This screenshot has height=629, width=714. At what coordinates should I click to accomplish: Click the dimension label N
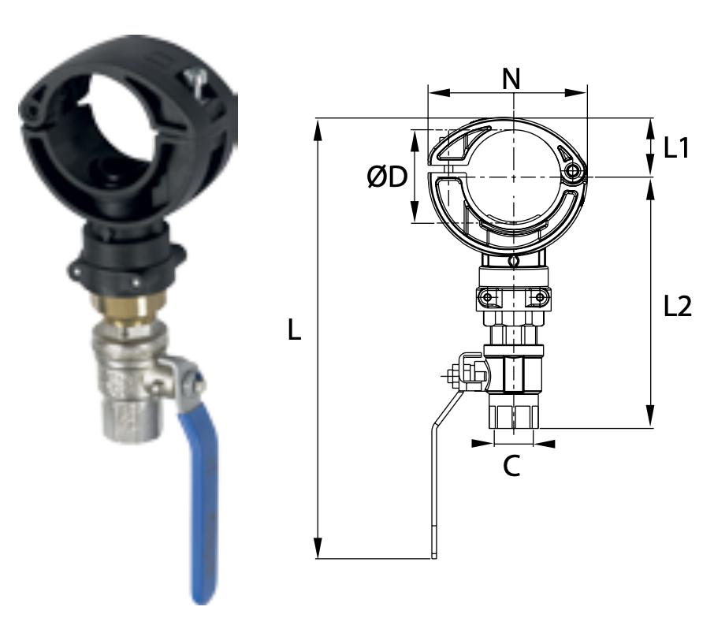511,79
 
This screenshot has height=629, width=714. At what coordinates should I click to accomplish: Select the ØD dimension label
387,177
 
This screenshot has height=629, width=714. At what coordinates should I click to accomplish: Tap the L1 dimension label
677,147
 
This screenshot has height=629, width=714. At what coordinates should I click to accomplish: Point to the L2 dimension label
678,306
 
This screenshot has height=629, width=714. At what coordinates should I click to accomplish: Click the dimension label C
511,466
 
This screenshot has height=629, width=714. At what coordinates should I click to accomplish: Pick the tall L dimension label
295,329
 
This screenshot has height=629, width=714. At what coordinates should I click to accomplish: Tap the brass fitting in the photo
128,310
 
